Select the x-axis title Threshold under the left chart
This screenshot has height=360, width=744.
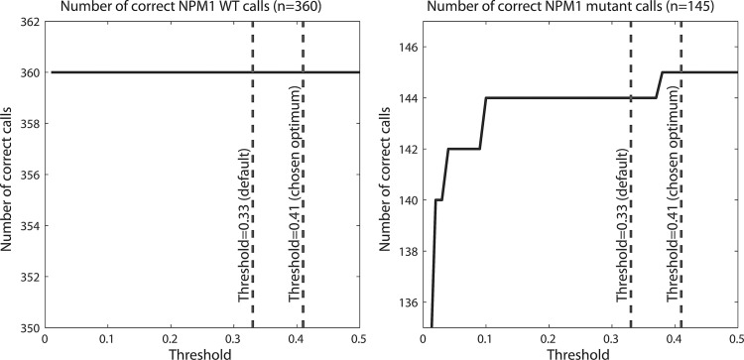(201, 353)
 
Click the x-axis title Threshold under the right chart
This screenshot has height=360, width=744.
(583, 353)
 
